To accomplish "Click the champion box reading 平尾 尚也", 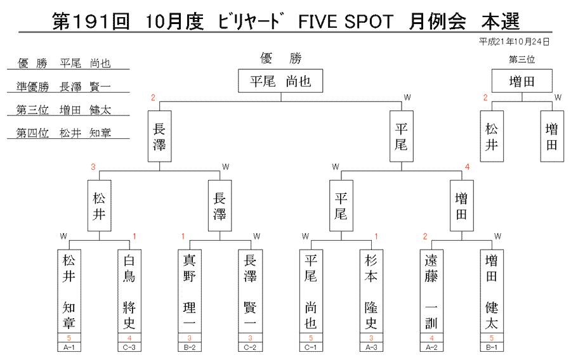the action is point(280,80).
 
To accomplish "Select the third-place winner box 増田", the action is point(522,80).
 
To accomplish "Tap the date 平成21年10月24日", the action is point(514,42).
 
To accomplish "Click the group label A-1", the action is point(69,347).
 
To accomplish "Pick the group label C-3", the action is point(129,347).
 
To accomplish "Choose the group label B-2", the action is point(189,347).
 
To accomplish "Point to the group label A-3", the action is point(371,347).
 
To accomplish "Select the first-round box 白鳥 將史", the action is point(129,291).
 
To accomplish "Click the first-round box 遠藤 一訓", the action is point(431,291).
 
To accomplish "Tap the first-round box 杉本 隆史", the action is point(371,291).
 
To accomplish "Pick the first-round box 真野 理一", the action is point(190,291).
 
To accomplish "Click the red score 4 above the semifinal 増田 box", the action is point(467,167).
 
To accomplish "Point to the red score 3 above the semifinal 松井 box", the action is point(93,167).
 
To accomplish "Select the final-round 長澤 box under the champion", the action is point(159,136).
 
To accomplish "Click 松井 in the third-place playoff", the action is point(492,136).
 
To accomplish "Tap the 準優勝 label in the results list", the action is point(33,87).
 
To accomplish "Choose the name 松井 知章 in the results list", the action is point(85,133).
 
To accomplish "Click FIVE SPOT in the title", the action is point(346,22).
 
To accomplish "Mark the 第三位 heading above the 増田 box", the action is point(522,60).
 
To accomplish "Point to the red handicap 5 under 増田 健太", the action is point(492,338).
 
